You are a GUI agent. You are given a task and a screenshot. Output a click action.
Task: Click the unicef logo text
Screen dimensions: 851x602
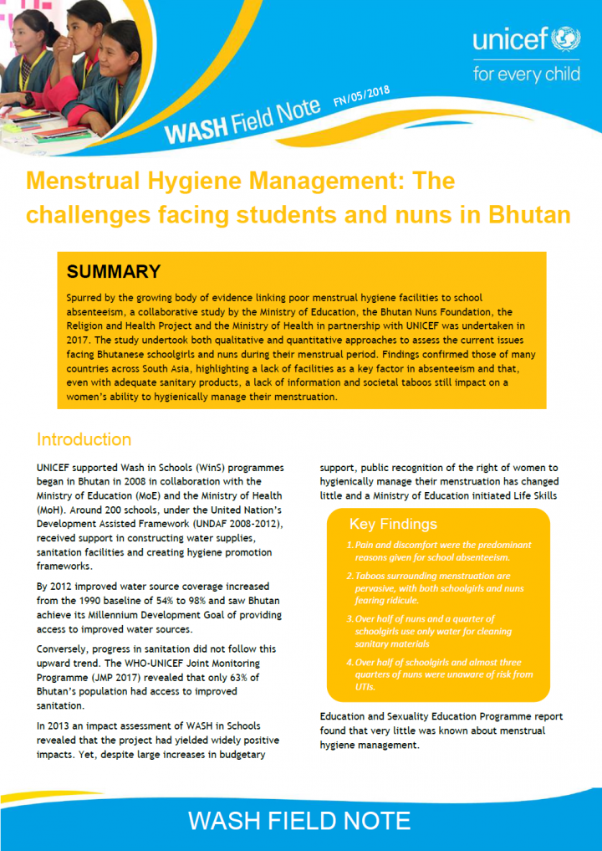tap(511, 40)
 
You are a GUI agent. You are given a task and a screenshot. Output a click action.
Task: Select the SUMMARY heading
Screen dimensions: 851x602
tap(113, 271)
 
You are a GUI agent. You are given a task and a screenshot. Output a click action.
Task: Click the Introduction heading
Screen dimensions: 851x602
tap(84, 439)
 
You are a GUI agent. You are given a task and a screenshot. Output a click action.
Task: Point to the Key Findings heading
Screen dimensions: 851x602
tap(393, 524)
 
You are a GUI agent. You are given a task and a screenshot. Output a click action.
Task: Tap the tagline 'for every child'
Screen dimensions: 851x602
tap(526, 74)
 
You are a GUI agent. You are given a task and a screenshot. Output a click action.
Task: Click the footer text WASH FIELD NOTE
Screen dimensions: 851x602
tap(299, 820)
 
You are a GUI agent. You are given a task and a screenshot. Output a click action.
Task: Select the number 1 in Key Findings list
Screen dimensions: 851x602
tap(349, 545)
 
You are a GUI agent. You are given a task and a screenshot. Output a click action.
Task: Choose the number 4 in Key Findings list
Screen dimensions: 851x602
tap(349, 663)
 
